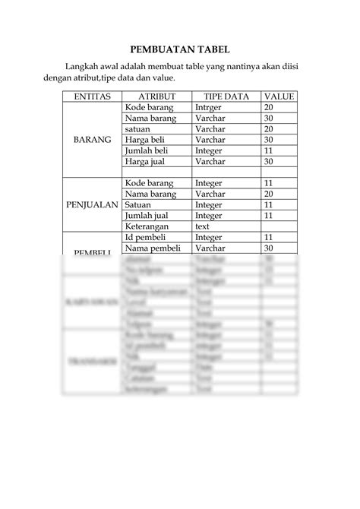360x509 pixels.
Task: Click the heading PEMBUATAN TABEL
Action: pos(179,48)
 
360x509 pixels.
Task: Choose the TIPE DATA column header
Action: pos(226,97)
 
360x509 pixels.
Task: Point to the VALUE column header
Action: pos(279,97)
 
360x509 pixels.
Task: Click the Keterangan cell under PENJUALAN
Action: pos(150,226)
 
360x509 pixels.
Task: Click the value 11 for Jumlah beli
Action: pos(268,150)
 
